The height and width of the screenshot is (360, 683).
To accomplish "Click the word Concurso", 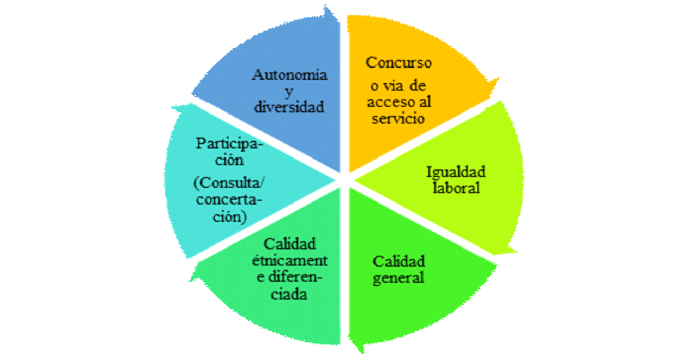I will (399, 63).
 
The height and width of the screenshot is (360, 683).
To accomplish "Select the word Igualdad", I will (456, 172).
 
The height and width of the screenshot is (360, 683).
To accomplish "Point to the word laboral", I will (454, 189).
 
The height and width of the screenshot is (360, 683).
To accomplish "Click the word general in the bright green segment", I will (399, 278).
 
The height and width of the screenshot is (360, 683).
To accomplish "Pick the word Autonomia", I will (290, 74).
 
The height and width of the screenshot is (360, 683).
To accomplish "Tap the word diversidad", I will (290, 107).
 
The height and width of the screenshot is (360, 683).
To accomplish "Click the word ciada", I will (289, 295).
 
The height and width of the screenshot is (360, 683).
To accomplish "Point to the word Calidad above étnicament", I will (290, 244).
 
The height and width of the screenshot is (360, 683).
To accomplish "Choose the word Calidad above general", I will (399, 261).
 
